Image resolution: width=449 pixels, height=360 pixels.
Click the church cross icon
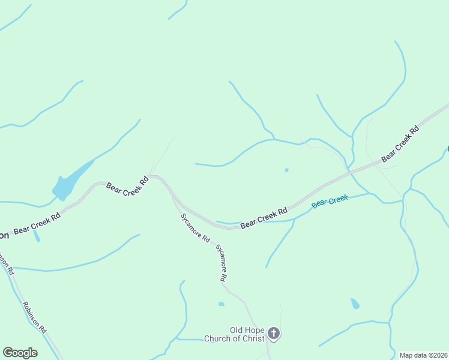pos(274,334)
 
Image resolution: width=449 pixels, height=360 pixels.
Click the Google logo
pos(20,353)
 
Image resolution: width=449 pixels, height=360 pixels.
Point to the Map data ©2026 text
pos(423,355)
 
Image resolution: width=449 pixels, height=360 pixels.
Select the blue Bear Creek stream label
pos(330,201)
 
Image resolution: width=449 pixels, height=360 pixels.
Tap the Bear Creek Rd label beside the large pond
pos(127,185)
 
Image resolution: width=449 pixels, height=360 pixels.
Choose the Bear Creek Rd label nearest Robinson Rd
pos(37,223)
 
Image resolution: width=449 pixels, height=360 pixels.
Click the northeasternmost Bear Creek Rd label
pos(399,143)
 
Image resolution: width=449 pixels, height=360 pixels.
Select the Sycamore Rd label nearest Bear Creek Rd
pos(195,227)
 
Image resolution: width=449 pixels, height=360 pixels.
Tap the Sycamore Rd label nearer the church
pos(221,263)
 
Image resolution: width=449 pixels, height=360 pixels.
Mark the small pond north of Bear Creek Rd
pos(286,170)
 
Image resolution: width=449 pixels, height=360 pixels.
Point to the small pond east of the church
pos(355,304)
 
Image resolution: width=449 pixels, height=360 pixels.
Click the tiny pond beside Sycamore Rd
pos(221,304)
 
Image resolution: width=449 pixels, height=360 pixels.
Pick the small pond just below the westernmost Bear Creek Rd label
pos(37,236)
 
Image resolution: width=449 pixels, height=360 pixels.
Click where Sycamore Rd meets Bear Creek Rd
pos(174,197)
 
